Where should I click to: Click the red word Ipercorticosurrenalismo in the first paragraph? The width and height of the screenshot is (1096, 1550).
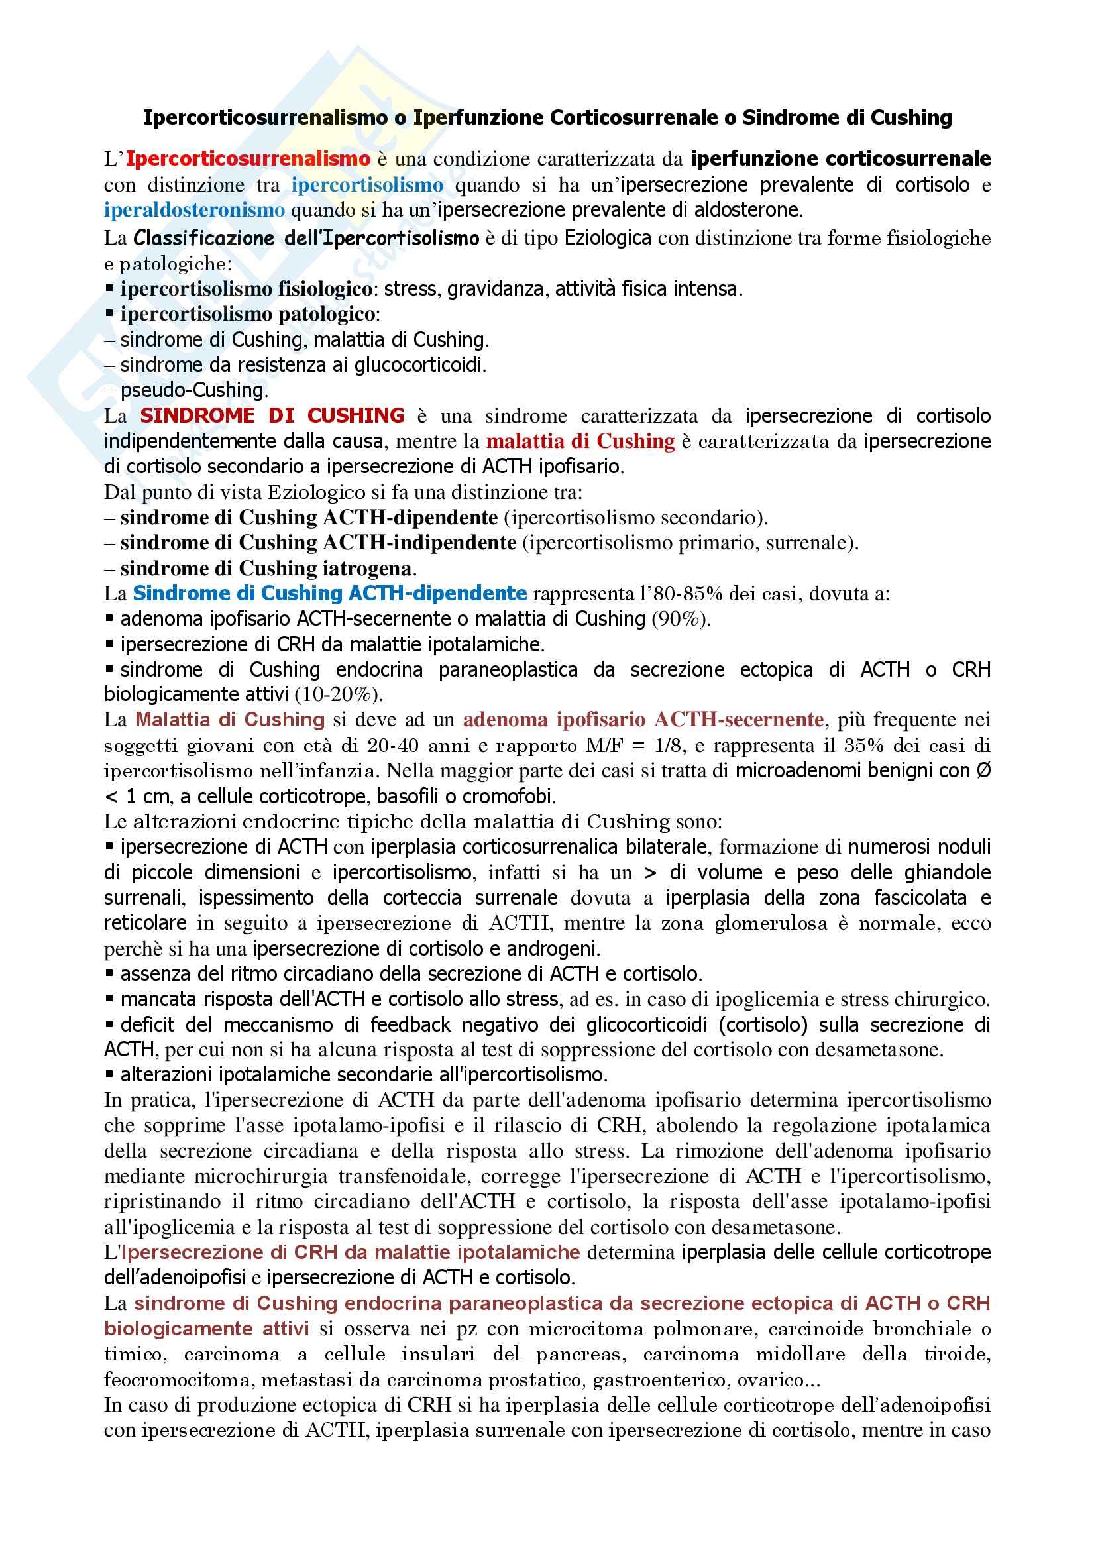(x=248, y=159)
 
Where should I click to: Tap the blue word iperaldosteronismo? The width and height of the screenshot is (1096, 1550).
(x=193, y=211)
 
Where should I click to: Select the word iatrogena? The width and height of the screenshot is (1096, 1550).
(x=369, y=569)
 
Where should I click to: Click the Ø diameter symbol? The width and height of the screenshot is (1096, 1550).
(x=983, y=771)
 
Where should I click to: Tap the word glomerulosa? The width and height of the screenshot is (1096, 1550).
(x=771, y=924)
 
